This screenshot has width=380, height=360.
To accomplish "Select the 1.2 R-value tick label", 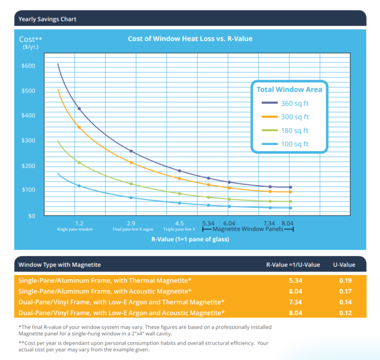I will pos(79,223).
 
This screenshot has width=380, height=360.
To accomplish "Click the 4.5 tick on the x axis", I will pos(179,223).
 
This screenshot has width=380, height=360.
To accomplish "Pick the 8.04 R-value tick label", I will pos(287,223).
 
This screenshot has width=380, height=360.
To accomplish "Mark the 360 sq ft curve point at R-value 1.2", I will pos(79,108).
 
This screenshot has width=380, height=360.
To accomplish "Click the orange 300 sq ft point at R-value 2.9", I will pos(131,162).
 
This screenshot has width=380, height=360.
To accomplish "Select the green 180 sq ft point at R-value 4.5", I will pos(180,194).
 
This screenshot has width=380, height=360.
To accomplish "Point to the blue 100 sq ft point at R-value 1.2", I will pos(79,186).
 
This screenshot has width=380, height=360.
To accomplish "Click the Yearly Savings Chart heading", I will pos(47,19).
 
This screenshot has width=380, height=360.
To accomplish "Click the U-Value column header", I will pos(344,265).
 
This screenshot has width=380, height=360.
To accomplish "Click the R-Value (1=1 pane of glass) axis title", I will pos(190,239).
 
